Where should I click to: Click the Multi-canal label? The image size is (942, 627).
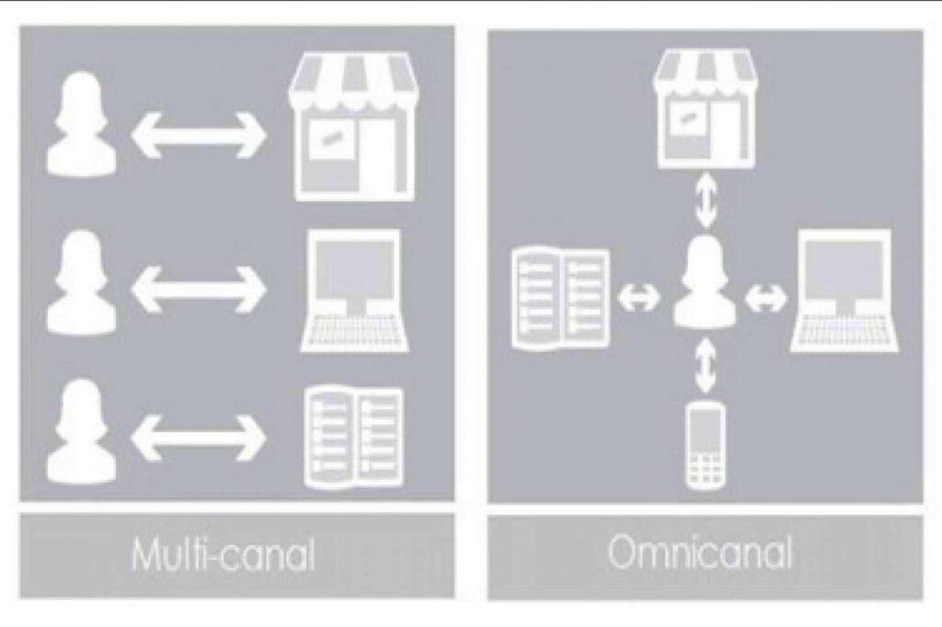(224, 554)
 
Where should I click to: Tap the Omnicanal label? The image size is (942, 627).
(700, 552)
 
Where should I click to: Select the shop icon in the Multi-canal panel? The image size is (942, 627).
(353, 126)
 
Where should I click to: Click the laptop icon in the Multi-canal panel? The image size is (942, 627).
(354, 291)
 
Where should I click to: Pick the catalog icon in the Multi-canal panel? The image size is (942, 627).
(354, 437)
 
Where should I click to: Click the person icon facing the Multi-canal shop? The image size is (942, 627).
(82, 124)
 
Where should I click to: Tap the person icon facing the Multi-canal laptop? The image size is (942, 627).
(82, 282)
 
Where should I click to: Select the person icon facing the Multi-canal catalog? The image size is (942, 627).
(82, 430)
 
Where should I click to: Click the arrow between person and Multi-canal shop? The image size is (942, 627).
(199, 134)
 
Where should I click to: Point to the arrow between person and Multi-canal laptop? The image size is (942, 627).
(199, 290)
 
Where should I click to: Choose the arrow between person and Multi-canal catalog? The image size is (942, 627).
(199, 438)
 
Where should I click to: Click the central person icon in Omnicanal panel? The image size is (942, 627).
(705, 281)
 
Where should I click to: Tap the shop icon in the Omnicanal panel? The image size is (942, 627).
(704, 108)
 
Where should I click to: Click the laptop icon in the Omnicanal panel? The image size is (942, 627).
(844, 291)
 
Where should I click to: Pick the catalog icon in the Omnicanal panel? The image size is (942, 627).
(560, 297)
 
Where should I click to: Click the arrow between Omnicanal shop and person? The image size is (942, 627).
(706, 201)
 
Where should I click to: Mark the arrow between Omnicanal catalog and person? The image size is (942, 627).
(638, 297)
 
